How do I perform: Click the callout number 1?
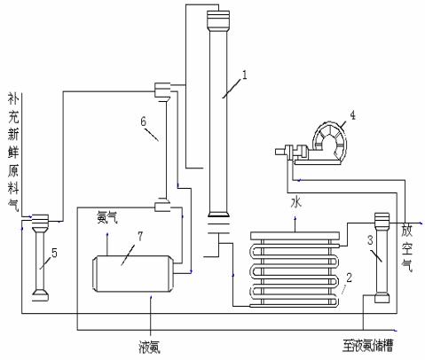[x=244, y=74]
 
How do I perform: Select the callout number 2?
[x=349, y=278]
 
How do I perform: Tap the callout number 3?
[x=371, y=240]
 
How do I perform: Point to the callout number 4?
[x=352, y=114]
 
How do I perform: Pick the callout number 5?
[x=54, y=253]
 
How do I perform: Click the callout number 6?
[x=144, y=121]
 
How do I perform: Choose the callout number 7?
[x=140, y=236]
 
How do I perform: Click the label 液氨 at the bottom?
[x=150, y=348]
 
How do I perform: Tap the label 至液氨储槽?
[x=367, y=346]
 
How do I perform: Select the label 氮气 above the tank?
[x=106, y=218]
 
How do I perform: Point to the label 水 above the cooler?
[x=296, y=202]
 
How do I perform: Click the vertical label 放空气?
[x=407, y=248]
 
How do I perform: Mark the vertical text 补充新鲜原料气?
[x=13, y=153]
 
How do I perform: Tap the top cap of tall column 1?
[x=218, y=20]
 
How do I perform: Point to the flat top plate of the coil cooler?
[x=295, y=236]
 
